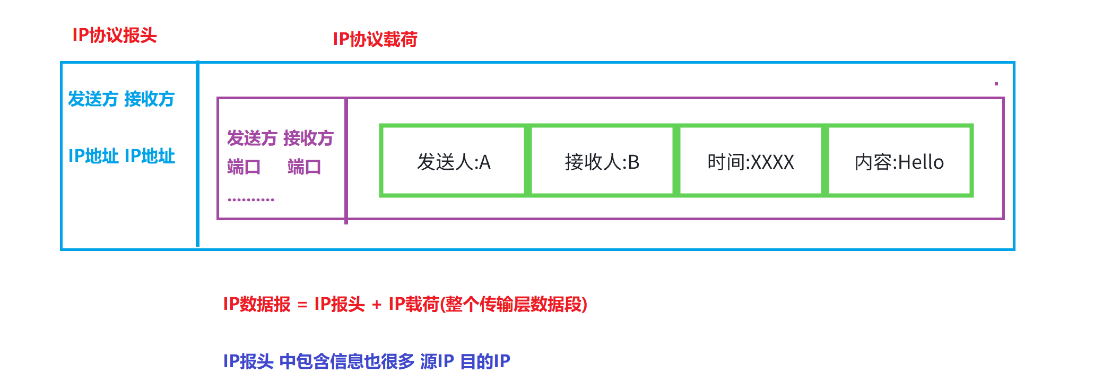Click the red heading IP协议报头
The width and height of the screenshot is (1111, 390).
tap(115, 36)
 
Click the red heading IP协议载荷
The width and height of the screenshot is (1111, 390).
tap(375, 39)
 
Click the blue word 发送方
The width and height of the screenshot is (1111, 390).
tap(93, 99)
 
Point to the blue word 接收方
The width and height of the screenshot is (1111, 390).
tap(149, 99)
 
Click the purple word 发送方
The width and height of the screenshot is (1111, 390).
tap(252, 138)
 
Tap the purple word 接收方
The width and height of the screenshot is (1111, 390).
tap(308, 138)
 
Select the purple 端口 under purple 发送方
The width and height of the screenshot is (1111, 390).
tap(244, 167)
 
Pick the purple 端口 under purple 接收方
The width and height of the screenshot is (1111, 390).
tap(304, 167)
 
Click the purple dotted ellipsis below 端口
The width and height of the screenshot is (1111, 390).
tap(251, 200)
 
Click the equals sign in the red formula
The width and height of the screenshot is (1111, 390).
tap(302, 305)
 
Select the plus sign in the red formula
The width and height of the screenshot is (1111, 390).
tap(377, 305)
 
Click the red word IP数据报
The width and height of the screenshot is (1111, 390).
tap(257, 305)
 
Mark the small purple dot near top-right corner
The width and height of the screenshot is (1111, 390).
tap(996, 84)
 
